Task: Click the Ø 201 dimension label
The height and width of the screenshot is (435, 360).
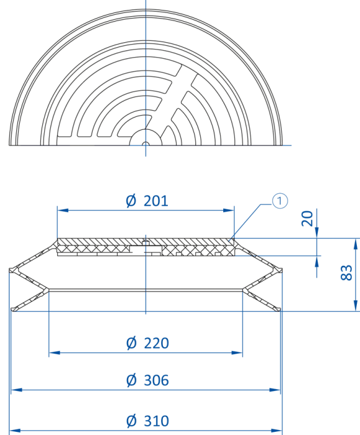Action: pyautogui.click(x=147, y=201)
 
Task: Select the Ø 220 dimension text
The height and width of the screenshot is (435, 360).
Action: pyautogui.click(x=147, y=343)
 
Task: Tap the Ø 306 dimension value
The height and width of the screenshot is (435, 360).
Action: pyautogui.click(x=147, y=380)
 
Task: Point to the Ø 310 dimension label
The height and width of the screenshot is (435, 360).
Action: pyautogui.click(x=147, y=421)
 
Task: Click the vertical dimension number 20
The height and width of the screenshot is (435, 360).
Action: pyautogui.click(x=307, y=219)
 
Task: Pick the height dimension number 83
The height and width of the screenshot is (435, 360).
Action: pyautogui.click(x=346, y=273)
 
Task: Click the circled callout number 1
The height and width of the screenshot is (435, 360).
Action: pyautogui.click(x=280, y=201)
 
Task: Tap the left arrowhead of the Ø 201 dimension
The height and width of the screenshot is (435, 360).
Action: pyautogui.click(x=63, y=210)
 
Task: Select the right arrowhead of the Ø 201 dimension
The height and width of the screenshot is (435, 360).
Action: pyautogui.click(x=229, y=210)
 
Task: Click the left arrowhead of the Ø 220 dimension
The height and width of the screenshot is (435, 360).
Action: pyautogui.click(x=54, y=352)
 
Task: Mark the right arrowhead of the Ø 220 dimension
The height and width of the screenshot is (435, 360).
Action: pyautogui.click(x=237, y=352)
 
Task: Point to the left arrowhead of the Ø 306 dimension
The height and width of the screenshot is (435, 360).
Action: pyautogui.click(x=17, y=390)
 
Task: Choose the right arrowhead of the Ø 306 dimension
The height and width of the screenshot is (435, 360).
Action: pyautogui.click(x=275, y=390)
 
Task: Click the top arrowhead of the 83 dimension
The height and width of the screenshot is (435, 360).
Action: pyautogui.click(x=356, y=244)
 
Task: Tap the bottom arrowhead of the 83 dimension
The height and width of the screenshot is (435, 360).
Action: pyautogui.click(x=356, y=306)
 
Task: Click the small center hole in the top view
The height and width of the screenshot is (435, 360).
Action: pyautogui.click(x=145, y=144)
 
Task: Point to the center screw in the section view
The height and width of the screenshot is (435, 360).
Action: pyautogui.click(x=146, y=243)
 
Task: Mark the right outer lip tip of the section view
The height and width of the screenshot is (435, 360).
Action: pyautogui.click(x=280, y=270)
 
